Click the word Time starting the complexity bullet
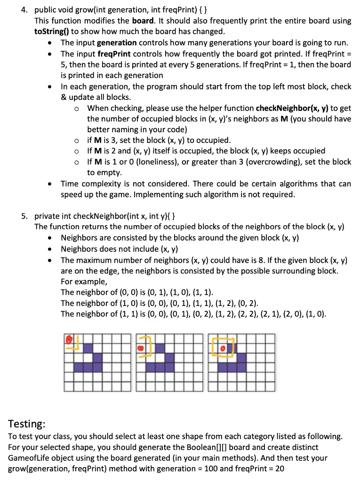click(70, 184)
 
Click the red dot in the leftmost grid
click(69, 338)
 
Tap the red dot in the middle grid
click(140, 348)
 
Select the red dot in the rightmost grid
click(224, 348)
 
